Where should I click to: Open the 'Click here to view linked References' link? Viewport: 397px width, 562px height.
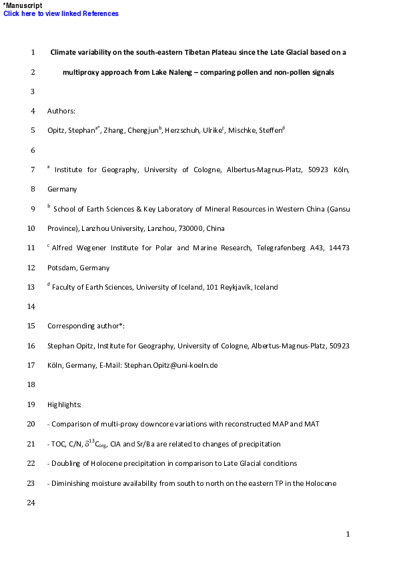click(61, 14)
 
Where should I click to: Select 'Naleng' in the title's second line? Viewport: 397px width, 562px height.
click(179, 71)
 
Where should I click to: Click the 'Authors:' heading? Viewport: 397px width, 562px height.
click(61, 111)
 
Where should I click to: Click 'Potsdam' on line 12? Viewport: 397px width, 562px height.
click(61, 268)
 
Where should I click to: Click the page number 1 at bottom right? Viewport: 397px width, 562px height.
click(348, 534)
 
